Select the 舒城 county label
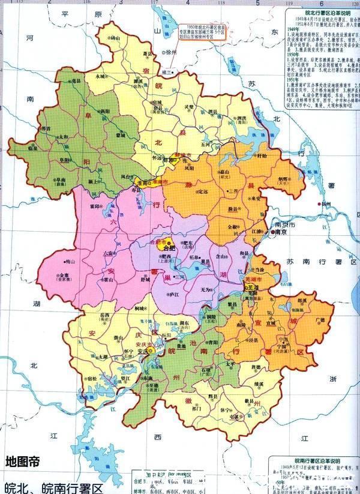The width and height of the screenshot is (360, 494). pos(145,278)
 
